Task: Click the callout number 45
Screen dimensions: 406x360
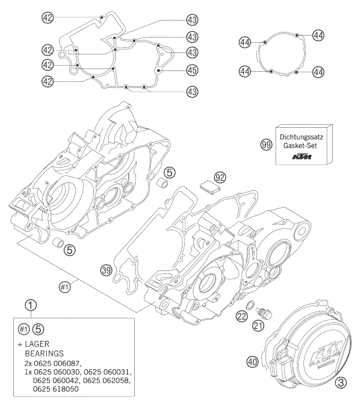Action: pyautogui.click(x=192, y=70)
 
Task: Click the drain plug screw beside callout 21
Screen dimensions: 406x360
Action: pyautogui.click(x=262, y=314)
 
